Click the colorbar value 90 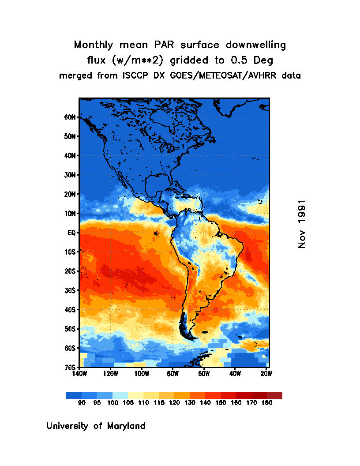coord(82,403)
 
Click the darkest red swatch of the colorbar coord(274,395)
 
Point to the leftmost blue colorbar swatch coord(74,395)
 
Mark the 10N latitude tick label coord(71,214)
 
